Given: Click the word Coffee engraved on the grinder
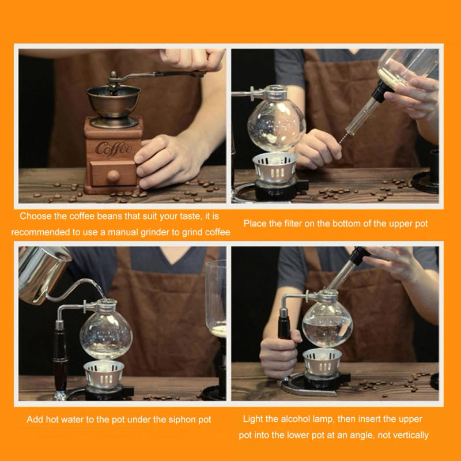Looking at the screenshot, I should pyautogui.click(x=114, y=148).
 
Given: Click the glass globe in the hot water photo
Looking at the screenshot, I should pyautogui.click(x=105, y=334).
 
